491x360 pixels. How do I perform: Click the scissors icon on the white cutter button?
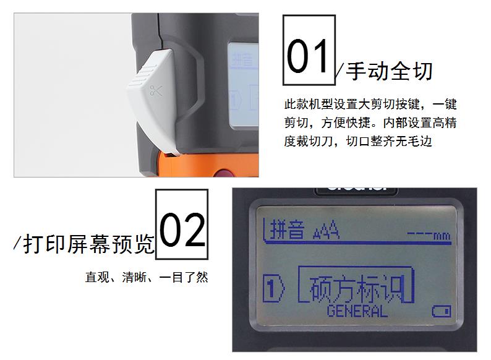155,92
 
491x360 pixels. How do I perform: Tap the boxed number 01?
309,50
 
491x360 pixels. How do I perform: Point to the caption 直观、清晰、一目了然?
147,277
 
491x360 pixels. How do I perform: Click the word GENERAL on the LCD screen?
357,310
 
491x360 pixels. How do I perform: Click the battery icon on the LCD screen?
441,310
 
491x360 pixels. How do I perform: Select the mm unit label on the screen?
442,236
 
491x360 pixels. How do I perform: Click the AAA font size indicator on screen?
325,232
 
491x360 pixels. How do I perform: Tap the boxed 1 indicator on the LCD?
272,289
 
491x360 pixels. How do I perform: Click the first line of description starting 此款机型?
370,104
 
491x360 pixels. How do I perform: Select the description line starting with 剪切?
370,122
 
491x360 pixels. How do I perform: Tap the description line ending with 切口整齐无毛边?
357,141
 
